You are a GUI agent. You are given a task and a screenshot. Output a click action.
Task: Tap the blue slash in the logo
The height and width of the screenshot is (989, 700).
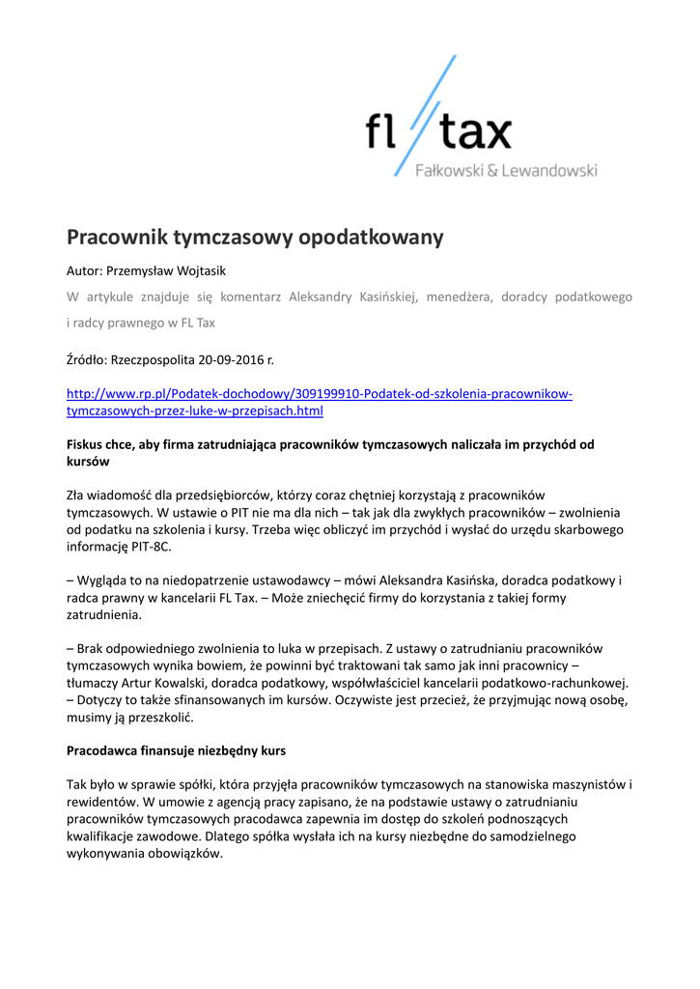(425, 116)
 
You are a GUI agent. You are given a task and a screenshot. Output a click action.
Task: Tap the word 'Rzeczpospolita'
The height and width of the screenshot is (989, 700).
(154, 360)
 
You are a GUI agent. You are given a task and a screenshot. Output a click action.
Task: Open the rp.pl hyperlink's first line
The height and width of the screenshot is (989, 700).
(319, 394)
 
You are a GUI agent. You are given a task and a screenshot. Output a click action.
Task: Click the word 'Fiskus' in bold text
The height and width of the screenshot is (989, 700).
(85, 445)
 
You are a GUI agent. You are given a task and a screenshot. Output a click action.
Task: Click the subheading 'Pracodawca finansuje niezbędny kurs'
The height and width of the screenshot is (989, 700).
(176, 749)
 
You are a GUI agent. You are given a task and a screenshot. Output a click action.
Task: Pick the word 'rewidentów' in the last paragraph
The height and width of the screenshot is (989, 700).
(101, 802)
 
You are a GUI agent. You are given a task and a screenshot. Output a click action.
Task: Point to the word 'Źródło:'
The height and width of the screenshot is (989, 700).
(87, 360)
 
